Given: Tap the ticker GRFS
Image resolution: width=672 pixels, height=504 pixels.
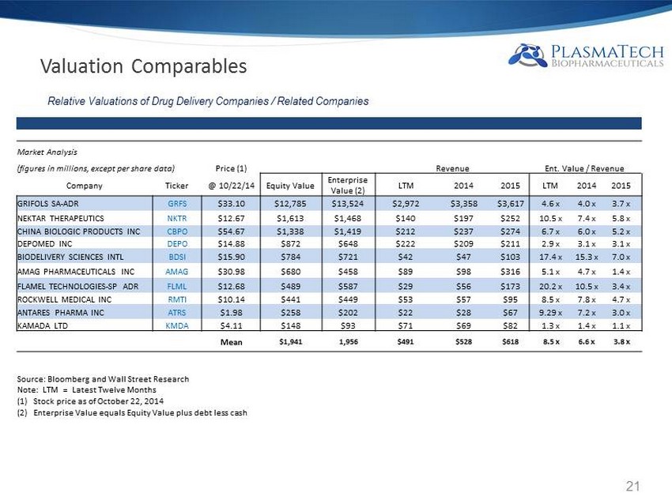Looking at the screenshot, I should pyautogui.click(x=177, y=203).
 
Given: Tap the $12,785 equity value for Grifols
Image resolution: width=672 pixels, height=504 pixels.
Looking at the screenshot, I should pyautogui.click(x=289, y=203).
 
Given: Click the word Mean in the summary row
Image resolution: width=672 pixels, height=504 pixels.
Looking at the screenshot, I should pyautogui.click(x=230, y=342).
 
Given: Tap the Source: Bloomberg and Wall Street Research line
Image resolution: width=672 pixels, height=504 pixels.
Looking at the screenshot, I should pyautogui.click(x=103, y=379).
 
